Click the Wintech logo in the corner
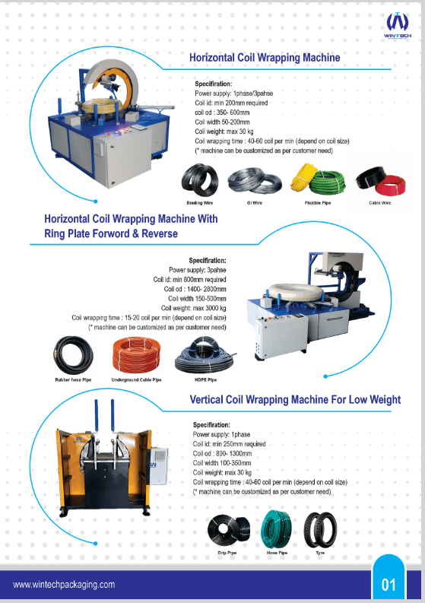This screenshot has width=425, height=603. point(398,25)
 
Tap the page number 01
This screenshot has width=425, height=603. point(389,585)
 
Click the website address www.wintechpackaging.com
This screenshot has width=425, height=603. point(64,585)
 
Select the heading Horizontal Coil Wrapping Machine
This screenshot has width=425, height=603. point(265,58)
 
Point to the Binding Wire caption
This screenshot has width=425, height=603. point(200,203)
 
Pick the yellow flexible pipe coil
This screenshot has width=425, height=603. point(303,177)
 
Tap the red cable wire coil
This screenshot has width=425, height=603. point(390,185)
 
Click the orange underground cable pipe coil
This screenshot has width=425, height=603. point(136,354)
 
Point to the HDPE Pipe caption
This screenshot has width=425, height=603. point(206,379)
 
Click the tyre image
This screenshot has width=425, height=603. point(320,529)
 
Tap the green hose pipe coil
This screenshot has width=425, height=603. point(276,528)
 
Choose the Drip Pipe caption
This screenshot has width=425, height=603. point(227,553)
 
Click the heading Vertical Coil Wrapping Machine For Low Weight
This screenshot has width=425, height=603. point(295,399)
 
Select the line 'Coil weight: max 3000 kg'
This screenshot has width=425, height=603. point(193,308)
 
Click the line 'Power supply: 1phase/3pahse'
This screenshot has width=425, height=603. point(234,94)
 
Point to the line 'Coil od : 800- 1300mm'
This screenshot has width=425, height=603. point(222,453)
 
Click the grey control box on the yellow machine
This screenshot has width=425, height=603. point(159,465)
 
